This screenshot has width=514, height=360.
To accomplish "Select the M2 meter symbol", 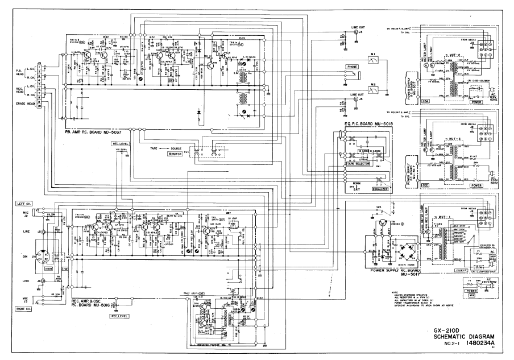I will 374,89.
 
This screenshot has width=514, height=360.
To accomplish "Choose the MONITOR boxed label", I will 175,154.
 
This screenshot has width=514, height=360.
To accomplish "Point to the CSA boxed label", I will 426,101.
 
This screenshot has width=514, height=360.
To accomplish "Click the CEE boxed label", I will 425,185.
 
